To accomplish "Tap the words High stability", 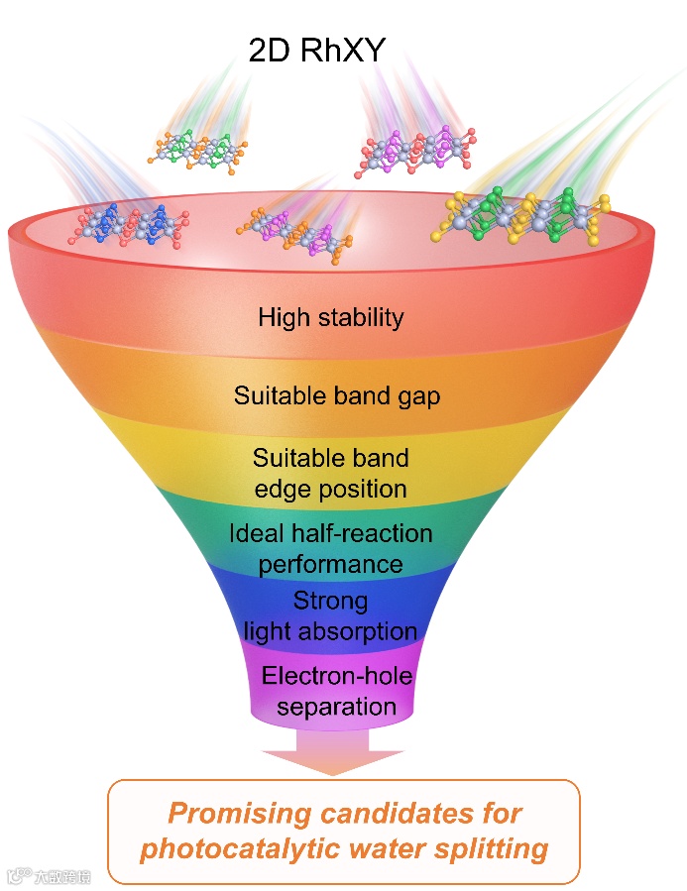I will [331, 317].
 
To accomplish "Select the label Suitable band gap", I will [337, 395].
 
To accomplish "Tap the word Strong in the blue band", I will [330, 601].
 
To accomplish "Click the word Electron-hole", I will [336, 676].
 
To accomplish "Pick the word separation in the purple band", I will [336, 707].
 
